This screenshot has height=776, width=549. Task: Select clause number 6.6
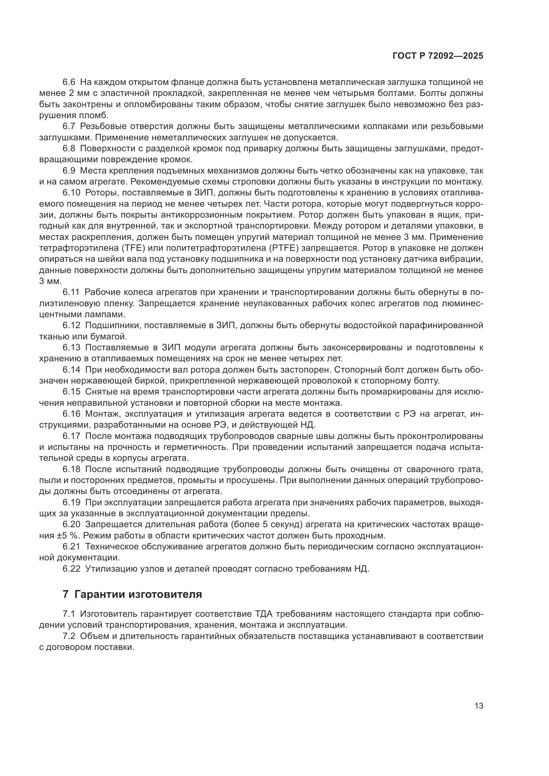70,82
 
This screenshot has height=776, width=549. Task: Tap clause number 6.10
71,193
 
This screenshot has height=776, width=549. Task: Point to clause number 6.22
71,569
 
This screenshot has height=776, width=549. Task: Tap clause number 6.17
71,436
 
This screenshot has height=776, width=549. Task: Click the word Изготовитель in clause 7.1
108,614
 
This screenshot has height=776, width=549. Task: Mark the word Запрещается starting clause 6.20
113,525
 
